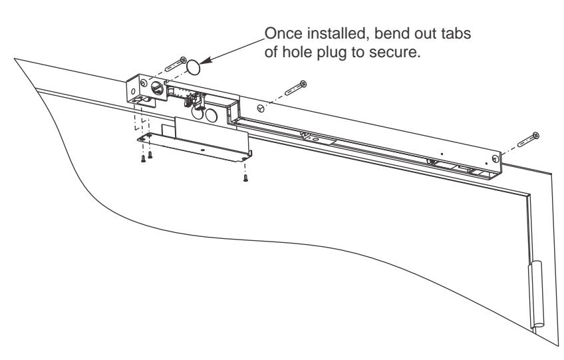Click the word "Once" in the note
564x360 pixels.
pyautogui.click(x=283, y=33)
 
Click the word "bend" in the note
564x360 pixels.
pyautogui.click(x=391, y=33)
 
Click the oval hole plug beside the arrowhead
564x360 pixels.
pyautogui.click(x=193, y=67)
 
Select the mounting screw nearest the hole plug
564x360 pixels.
pyautogui.click(x=176, y=65)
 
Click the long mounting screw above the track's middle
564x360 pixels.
pyautogui.click(x=296, y=88)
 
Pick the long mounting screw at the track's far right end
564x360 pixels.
pyautogui.click(x=528, y=139)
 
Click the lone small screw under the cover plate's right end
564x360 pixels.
pyautogui.click(x=245, y=178)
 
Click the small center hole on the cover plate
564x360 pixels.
pyautogui.click(x=202, y=150)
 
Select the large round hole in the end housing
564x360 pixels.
pyautogui.click(x=157, y=87)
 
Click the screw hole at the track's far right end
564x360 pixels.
pyautogui.click(x=495, y=158)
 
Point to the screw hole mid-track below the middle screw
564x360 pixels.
pyautogui.click(x=261, y=108)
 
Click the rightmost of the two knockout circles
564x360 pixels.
pyautogui.click(x=211, y=116)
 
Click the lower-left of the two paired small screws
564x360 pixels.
pyautogui.click(x=143, y=159)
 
